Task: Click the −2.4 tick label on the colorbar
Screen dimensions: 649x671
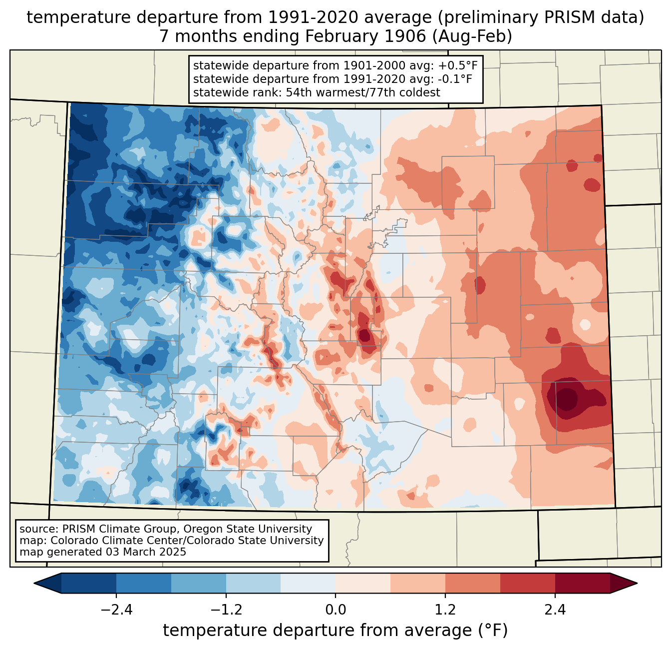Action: (x=116, y=610)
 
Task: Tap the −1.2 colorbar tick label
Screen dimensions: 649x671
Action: (x=226, y=610)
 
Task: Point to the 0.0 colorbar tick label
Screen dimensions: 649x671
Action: (x=335, y=610)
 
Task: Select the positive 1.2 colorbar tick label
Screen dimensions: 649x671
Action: (x=445, y=610)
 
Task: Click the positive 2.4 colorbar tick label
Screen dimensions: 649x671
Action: (x=555, y=610)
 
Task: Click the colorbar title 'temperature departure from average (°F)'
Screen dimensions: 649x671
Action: (x=335, y=631)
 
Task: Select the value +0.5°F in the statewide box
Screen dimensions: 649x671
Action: (x=459, y=66)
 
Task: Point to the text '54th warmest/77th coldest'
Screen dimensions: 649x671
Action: (x=363, y=92)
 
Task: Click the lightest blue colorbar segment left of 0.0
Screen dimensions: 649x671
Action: (x=308, y=583)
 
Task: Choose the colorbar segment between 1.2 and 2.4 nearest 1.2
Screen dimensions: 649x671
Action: (x=473, y=583)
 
